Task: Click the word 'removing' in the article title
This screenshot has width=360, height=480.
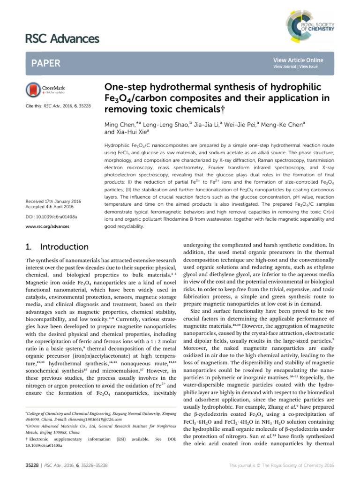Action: click(x=122, y=107)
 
